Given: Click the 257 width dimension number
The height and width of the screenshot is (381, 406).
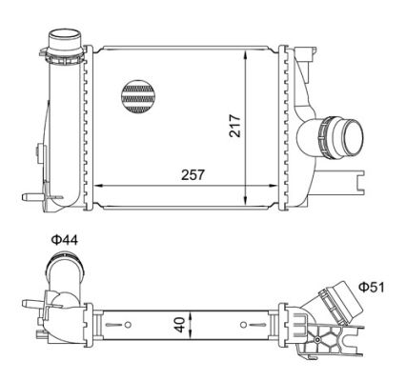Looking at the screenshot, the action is point(193,174).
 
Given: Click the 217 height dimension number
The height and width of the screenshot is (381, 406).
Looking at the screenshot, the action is point(235,126).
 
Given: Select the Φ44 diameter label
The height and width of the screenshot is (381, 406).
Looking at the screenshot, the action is point(64,240).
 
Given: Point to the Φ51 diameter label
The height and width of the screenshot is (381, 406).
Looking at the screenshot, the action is point(372,288).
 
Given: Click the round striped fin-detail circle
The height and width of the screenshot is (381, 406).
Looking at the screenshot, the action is point(138,97).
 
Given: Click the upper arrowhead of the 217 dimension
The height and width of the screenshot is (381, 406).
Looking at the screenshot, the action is point(245,55).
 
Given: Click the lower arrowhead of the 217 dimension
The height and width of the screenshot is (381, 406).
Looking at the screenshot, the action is point(245,199).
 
